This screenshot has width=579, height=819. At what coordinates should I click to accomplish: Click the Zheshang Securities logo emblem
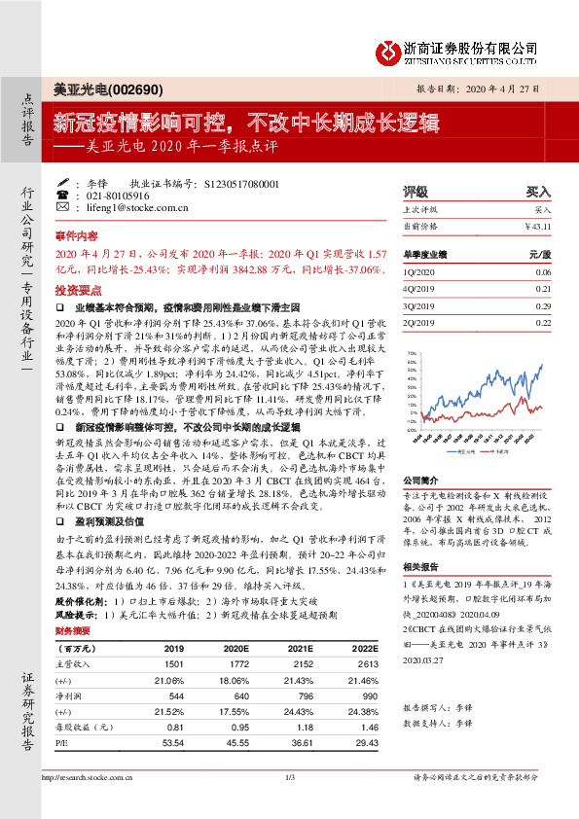click(x=391, y=50)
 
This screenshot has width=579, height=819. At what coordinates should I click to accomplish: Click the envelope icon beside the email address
click(x=63, y=208)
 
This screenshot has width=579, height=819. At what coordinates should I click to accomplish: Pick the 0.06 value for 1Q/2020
click(x=542, y=274)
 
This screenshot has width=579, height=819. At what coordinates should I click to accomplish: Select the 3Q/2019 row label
click(x=420, y=306)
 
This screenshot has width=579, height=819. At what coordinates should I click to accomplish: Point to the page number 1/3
click(x=289, y=776)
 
